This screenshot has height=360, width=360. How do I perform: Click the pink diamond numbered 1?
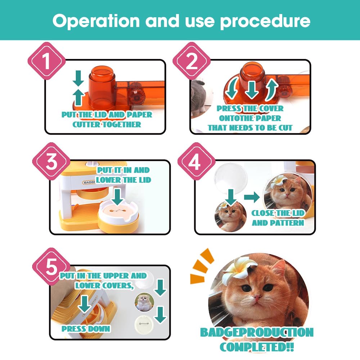pos(46,61)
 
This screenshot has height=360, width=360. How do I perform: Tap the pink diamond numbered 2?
pos(192,61)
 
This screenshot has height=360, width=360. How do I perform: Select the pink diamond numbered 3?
pos(51,161)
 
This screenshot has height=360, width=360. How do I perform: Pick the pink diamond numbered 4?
pos(197,161)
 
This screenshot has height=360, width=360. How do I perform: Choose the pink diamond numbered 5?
pos(51,267)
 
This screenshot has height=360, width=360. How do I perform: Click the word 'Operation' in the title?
pos(96,21)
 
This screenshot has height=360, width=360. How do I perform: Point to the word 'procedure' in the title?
pos(265,21)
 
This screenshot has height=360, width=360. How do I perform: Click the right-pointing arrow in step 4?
pos(252,197)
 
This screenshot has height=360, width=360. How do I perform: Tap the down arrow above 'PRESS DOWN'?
pos(85,304)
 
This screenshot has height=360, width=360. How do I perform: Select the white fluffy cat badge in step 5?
pos(144,302)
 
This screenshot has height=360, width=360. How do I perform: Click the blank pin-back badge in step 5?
pos(144,324)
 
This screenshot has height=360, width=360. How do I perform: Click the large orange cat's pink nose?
pos(257,298)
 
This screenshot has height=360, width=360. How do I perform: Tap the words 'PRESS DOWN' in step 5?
pos(86,329)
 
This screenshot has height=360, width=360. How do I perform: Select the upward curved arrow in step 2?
pos(271,90)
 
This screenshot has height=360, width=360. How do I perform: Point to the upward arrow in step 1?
pos(78,98)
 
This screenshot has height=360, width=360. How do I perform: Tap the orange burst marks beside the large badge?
pos(202,267)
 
